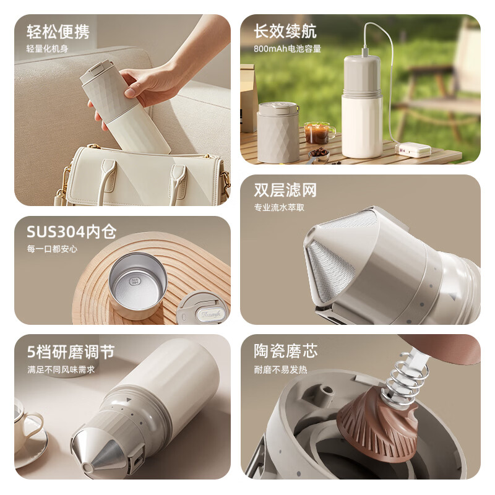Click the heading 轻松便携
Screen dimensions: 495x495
(58, 32)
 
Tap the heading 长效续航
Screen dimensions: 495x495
(285, 32)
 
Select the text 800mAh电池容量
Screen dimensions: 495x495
(287, 49)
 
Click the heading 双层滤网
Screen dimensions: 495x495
(285, 190)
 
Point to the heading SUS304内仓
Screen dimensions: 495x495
(72, 231)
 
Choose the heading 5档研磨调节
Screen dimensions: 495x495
(71, 351)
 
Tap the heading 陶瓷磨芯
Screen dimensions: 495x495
(285, 351)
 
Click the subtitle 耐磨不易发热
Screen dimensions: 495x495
(280, 369)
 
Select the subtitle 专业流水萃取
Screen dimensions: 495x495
(279, 207)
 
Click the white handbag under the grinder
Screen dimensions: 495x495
(142, 175)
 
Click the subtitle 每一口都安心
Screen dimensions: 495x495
(52, 249)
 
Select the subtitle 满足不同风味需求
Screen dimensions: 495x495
(61, 369)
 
